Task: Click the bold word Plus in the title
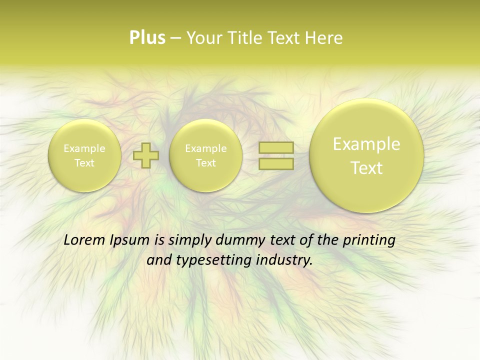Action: [147, 38]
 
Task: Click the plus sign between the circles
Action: [146, 155]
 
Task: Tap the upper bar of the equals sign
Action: [275, 147]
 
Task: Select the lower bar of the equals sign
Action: [275, 163]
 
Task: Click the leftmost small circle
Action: [84, 155]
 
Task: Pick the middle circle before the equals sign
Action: [205, 155]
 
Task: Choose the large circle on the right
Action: [366, 155]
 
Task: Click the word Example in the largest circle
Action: [366, 144]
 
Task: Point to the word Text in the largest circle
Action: [366, 168]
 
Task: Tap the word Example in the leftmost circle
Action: [84, 148]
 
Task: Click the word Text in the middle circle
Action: [205, 163]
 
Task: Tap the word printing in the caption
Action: [369, 240]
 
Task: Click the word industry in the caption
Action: [284, 260]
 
